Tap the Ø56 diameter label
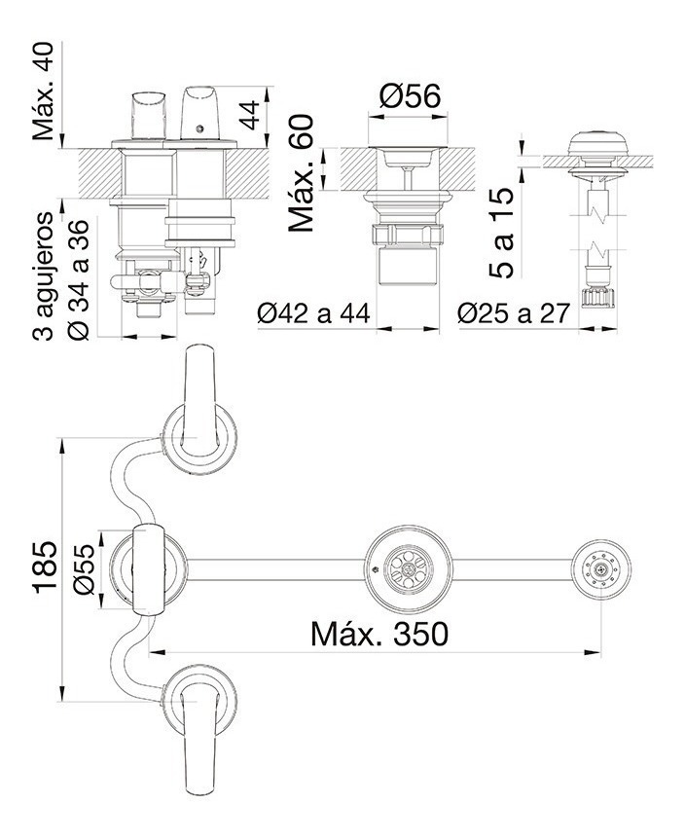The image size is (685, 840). (410, 95)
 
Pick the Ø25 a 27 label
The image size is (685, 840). (514, 314)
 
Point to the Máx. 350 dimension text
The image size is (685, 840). (379, 634)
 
